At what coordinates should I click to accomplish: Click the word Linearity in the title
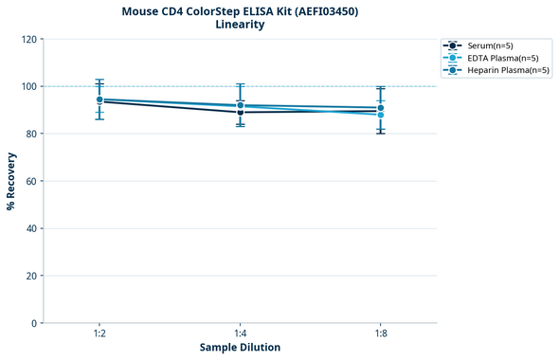pos(240,25)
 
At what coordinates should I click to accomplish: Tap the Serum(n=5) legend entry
pos(493,45)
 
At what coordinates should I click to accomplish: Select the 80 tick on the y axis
pos(30,134)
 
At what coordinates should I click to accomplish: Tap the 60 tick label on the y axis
pos(30,181)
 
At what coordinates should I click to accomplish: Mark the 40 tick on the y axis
pos(30,228)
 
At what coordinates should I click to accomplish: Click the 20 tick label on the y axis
pos(30,276)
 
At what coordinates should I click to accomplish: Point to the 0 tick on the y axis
pos(33,323)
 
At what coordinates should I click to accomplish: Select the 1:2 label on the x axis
pos(99,334)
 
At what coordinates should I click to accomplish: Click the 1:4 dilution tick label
pos(240,334)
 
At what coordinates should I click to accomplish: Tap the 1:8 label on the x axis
pos(381,334)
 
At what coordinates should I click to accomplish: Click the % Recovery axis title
pos(11,181)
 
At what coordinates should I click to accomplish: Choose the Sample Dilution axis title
pos(240,348)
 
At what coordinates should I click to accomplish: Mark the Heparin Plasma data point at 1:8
pos(381,108)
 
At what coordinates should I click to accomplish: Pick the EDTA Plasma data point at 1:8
pos(381,115)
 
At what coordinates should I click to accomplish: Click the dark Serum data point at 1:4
pos(241,113)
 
